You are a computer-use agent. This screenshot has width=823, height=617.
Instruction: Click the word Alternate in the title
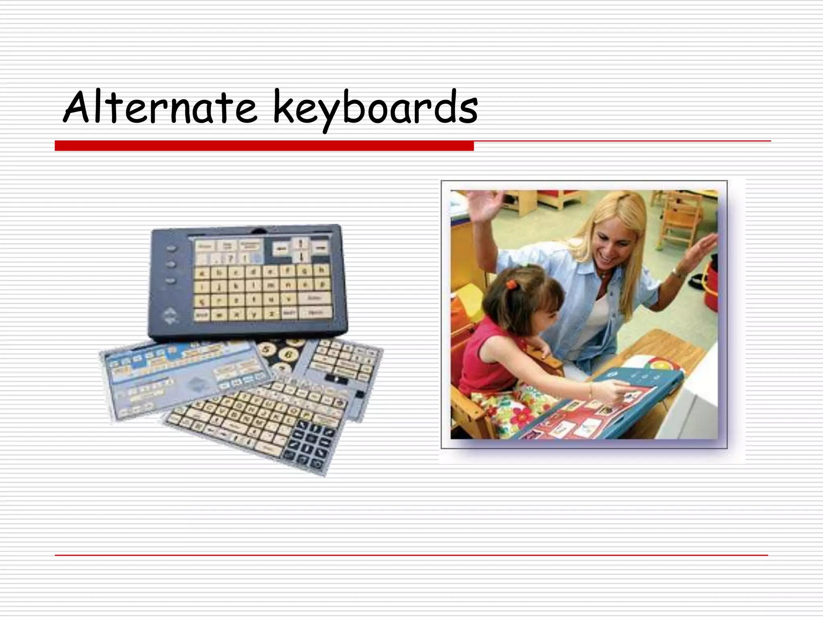160,108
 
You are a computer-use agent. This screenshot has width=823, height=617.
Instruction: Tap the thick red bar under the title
264,146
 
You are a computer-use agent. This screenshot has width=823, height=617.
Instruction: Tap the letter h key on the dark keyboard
321,270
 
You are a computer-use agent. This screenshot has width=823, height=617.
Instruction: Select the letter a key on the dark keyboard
203,274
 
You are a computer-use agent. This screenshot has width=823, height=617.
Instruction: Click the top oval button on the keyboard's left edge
172,249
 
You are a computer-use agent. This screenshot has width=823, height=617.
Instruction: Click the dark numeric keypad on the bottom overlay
309,444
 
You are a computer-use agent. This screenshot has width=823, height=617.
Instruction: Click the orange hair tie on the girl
511,284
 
